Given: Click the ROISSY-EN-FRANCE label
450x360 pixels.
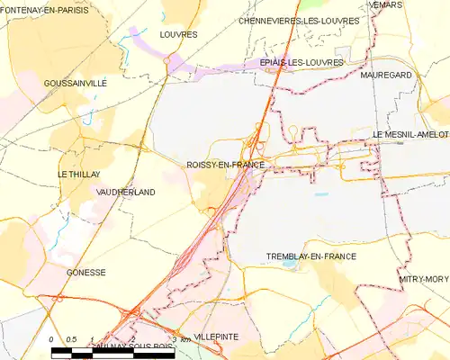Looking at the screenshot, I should (x=225, y=165).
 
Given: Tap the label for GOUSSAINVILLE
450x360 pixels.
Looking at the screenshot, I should (x=75, y=83).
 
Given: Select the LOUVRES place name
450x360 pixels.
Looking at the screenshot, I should (x=177, y=34).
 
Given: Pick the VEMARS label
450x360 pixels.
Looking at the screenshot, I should (x=385, y=4).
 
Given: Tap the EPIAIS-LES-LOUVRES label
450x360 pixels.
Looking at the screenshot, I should (x=301, y=62).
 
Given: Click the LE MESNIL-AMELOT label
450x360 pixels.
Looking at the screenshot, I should (x=410, y=134).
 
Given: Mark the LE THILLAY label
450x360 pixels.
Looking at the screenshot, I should (x=78, y=175).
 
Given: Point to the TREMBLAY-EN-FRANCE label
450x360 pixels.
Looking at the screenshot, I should (x=311, y=256).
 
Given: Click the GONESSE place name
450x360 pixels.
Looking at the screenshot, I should (x=86, y=272).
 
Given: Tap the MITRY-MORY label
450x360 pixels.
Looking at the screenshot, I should (x=423, y=280).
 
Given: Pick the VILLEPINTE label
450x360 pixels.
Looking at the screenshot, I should (x=216, y=336).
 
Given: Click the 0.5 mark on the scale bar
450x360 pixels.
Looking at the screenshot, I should (x=72, y=338).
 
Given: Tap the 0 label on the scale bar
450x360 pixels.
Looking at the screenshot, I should (x=52, y=338).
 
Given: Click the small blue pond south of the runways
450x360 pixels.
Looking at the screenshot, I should (x=321, y=193).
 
